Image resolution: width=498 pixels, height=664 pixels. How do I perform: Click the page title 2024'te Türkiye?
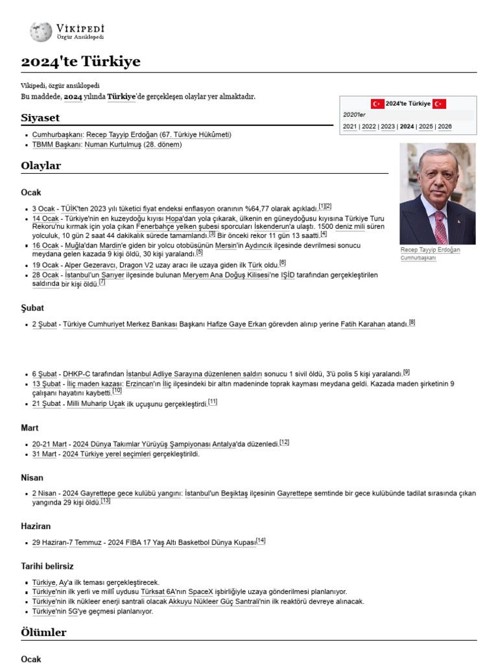point(80,62)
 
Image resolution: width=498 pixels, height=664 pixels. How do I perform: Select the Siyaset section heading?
point(40,117)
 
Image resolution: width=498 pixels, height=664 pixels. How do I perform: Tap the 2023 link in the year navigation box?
point(388,126)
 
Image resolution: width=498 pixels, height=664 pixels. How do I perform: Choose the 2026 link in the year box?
point(445,126)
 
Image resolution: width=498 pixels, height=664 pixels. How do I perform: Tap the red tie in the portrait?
point(440,227)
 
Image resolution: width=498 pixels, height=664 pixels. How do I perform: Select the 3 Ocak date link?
point(43,207)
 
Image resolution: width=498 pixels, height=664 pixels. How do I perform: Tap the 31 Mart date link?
point(46,454)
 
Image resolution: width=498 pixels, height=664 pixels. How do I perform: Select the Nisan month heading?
point(32,477)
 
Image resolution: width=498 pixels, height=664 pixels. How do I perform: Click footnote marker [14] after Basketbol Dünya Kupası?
point(261,541)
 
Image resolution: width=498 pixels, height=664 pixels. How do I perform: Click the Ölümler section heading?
point(44,632)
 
